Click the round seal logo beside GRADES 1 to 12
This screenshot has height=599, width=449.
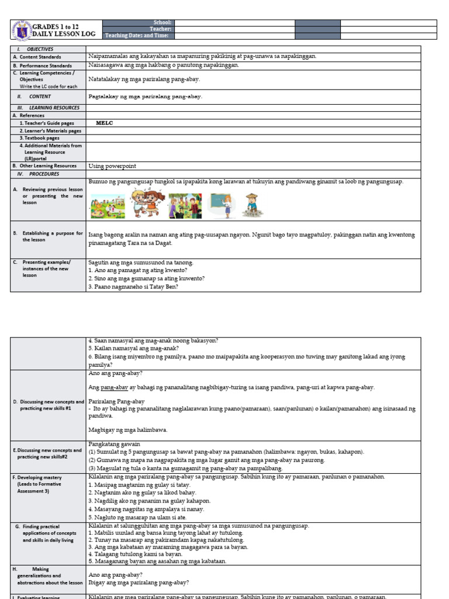[x=21, y=30]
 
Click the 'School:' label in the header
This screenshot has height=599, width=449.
[x=162, y=23]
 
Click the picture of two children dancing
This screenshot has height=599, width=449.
[x=146, y=203]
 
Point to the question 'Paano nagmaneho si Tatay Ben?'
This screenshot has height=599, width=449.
[x=133, y=287]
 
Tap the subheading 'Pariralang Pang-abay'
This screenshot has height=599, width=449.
[x=116, y=402]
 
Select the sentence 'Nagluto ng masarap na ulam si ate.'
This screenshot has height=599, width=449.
[x=137, y=517]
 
